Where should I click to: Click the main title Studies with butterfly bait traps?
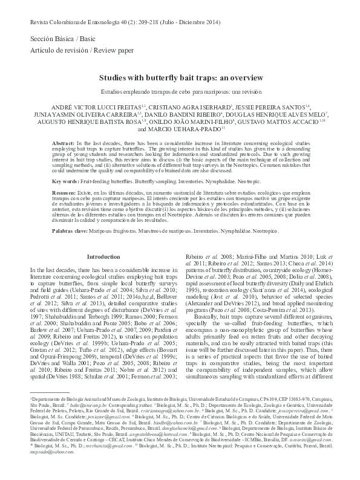pos(180,78)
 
